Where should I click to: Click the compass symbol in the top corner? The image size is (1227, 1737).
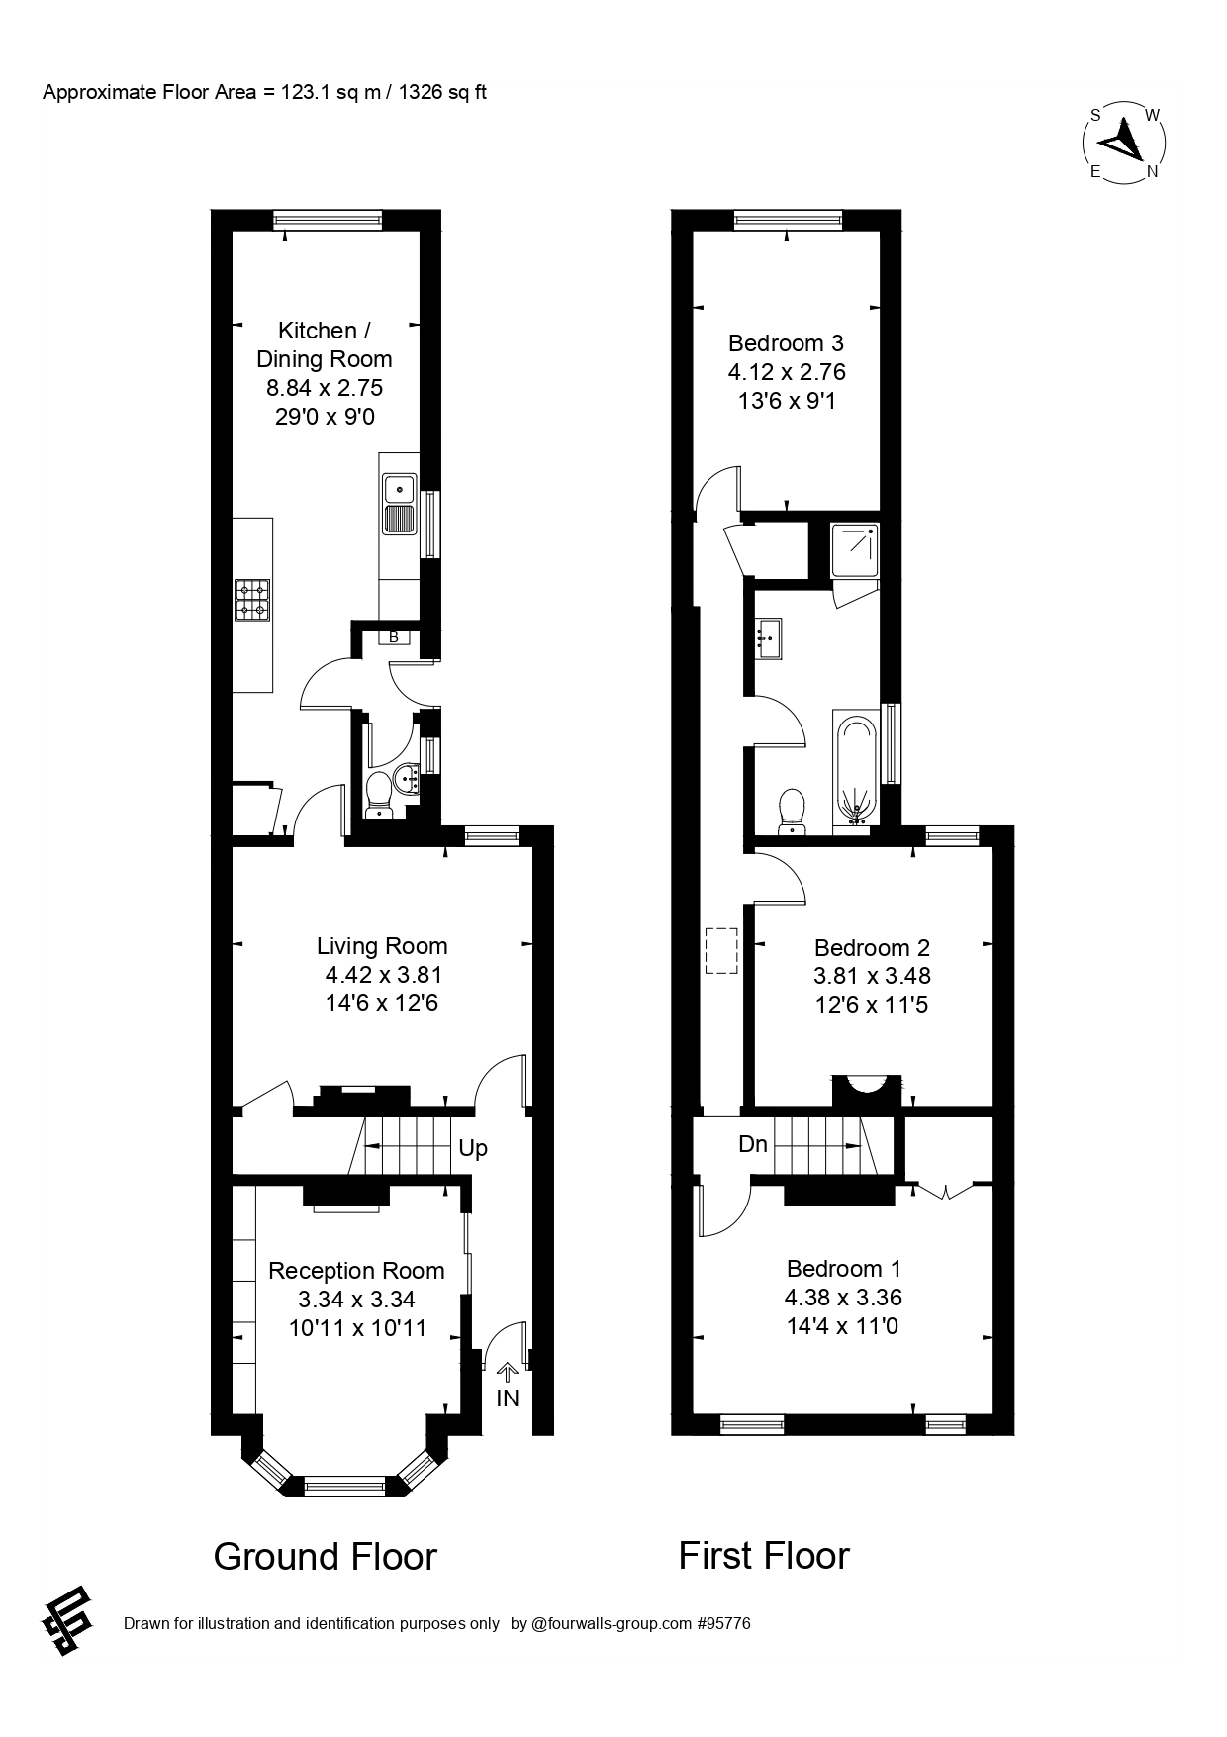pos(1123,143)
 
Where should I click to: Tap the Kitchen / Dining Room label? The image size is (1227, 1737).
pos(324,344)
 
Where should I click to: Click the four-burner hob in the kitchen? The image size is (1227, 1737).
pos(251,600)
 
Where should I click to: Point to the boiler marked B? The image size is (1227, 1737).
pos(393,638)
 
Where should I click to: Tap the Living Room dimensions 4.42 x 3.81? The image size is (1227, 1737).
pos(382,975)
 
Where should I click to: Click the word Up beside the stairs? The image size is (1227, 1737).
pos(473,1149)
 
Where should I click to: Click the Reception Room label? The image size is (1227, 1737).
pos(356,1271)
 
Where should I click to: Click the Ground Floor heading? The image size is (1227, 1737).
pos(325,1557)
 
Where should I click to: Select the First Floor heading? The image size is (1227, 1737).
pos(763,1556)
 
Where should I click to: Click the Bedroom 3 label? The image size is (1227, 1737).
pos(786,343)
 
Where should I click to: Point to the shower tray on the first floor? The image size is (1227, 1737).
pos(854,552)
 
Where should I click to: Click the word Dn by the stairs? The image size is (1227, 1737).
pos(753,1145)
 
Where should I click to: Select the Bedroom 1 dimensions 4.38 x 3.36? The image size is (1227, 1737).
pos(843,1298)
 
